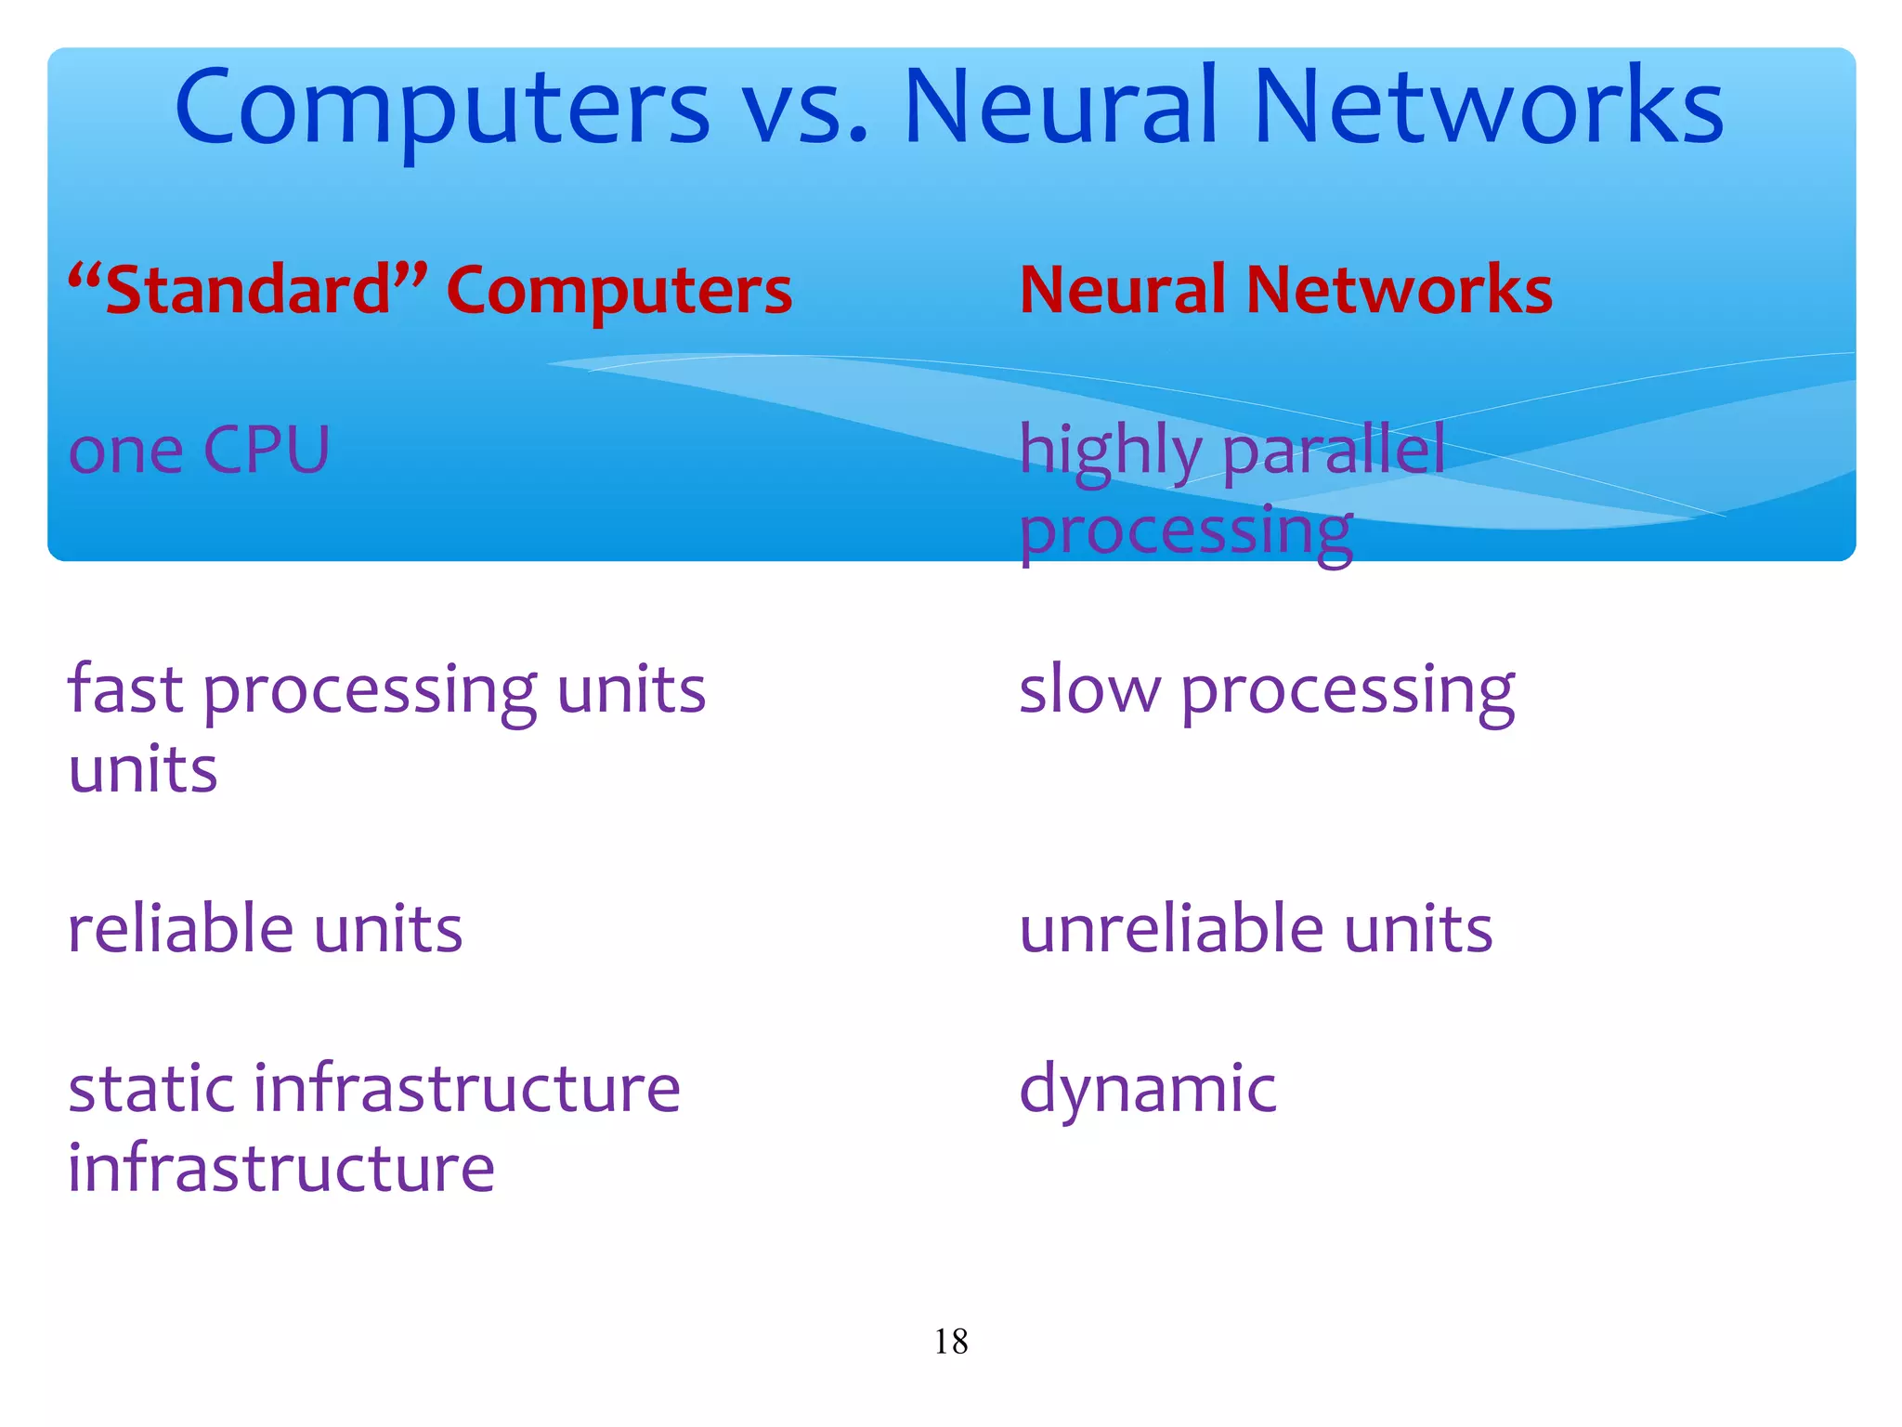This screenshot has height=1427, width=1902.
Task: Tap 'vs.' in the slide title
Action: (806, 110)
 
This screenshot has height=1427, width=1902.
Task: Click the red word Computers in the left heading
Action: (619, 292)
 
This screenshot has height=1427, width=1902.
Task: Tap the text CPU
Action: (266, 451)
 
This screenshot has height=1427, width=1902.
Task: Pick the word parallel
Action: (1334, 451)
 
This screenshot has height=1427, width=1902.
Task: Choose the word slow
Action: (1089, 689)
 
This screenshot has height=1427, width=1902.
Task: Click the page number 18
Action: (950, 1342)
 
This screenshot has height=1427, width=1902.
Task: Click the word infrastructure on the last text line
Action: (281, 1168)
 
